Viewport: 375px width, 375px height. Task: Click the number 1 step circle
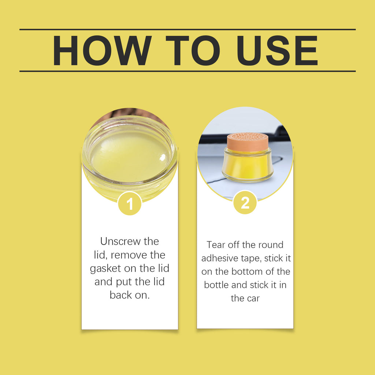pos(130,204)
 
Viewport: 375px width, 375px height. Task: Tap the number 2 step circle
pos(245,203)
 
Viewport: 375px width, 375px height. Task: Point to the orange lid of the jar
pos(248,142)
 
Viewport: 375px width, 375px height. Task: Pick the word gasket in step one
pos(106,268)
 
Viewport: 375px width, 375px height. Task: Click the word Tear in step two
pos(216,245)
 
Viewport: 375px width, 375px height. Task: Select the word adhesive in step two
pos(219,258)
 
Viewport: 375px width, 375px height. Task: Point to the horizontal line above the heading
pos(187,29)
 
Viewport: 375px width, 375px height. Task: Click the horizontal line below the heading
pos(187,71)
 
